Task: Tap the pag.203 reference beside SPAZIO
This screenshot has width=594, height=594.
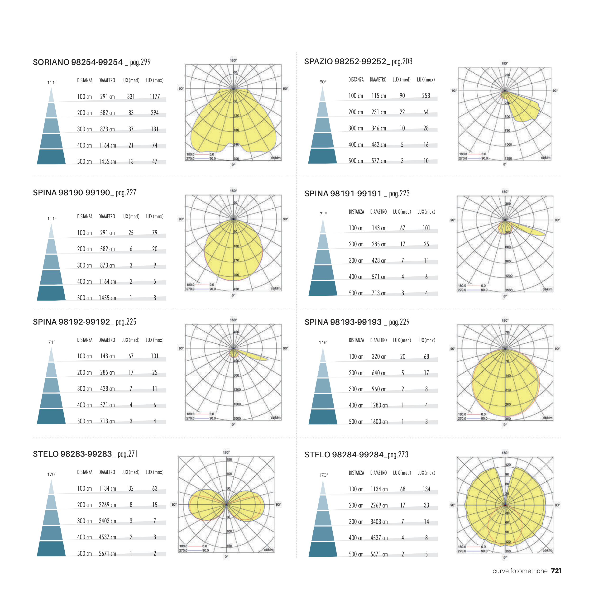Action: click(x=402, y=62)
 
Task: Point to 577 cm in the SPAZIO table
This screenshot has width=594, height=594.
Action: click(x=378, y=161)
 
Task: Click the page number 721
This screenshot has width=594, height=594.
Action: click(x=556, y=571)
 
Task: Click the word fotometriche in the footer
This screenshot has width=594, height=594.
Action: click(x=529, y=571)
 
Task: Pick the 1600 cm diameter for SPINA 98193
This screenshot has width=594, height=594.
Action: click(x=379, y=422)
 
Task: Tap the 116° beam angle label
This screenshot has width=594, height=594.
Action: click(x=323, y=343)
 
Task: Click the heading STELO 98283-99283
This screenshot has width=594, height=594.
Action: click(x=72, y=454)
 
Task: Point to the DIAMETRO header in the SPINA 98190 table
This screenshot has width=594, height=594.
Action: click(x=107, y=217)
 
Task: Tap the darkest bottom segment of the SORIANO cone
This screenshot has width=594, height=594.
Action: click(x=51, y=157)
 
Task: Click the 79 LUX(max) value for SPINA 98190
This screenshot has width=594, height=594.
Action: click(x=155, y=233)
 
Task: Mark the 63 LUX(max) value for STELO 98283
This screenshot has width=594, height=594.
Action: click(x=155, y=489)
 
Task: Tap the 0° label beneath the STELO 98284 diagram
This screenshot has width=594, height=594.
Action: click(x=505, y=557)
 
